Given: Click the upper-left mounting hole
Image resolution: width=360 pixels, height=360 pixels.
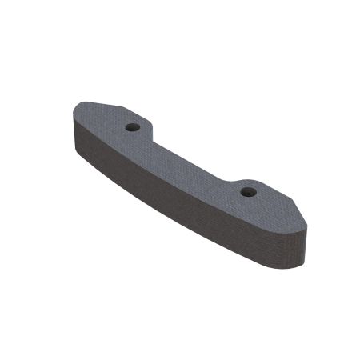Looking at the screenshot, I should click(x=134, y=127).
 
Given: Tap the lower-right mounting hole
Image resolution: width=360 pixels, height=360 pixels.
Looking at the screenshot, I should click(x=248, y=192).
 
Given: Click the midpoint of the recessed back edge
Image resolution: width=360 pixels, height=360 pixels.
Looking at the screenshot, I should click(x=192, y=152).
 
